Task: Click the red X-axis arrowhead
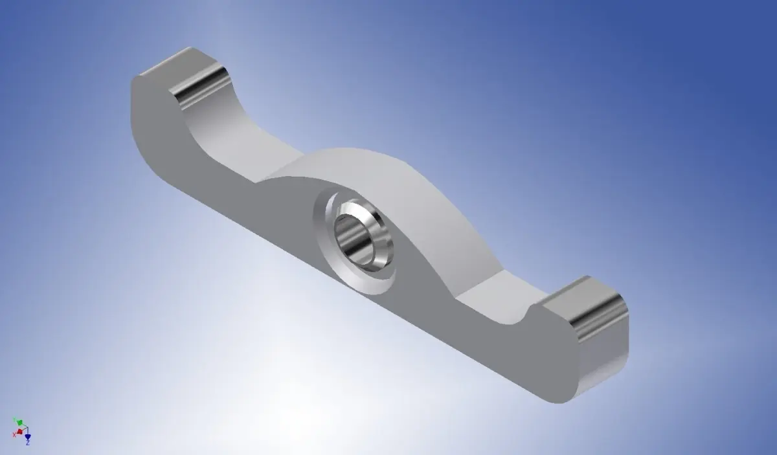19,432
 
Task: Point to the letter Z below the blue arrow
28,443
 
